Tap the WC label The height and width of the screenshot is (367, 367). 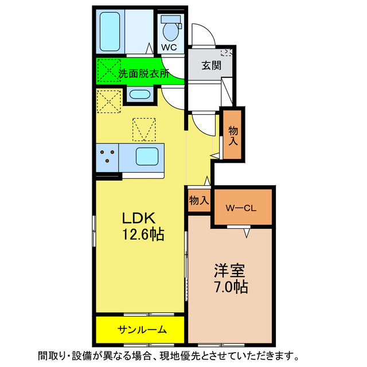[170, 47]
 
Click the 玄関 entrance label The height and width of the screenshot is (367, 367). [209, 65]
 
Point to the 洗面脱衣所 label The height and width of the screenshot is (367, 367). [144, 73]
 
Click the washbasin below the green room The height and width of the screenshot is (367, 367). [139, 95]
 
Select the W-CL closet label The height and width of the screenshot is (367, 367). [241, 208]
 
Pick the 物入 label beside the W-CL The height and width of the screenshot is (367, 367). [198, 200]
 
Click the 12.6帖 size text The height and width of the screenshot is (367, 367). [143, 235]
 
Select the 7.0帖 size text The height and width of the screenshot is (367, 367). [231, 287]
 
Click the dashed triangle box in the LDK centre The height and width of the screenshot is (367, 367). [145, 128]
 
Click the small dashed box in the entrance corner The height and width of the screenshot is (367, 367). [227, 52]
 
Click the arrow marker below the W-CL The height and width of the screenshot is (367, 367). [246, 233]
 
